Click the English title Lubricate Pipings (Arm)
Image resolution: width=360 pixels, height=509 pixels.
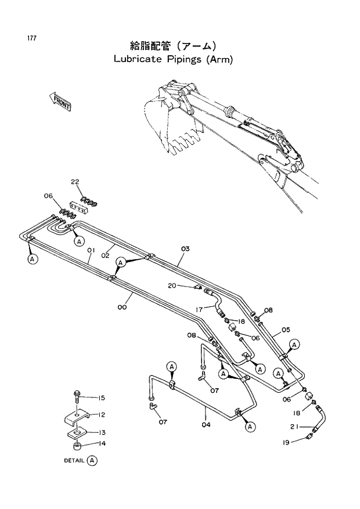(x=173, y=59)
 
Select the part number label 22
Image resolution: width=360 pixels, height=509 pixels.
(x=75, y=182)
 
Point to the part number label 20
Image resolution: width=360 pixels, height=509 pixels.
(x=172, y=285)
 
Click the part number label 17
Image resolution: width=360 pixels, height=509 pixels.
(x=199, y=309)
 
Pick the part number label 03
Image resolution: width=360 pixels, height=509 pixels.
(x=185, y=249)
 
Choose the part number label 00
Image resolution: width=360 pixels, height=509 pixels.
(x=122, y=307)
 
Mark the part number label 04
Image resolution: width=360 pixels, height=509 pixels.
(x=206, y=425)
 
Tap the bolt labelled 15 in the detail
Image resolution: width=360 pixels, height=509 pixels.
(x=77, y=398)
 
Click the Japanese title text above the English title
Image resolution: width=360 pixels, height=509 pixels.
(x=173, y=46)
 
